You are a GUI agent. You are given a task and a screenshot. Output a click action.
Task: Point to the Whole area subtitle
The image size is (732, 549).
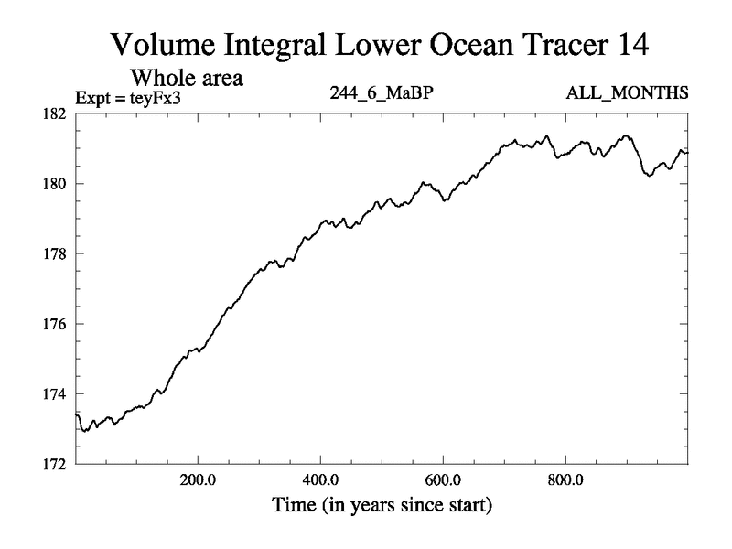188,78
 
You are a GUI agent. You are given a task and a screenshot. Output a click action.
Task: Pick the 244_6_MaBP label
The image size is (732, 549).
376,93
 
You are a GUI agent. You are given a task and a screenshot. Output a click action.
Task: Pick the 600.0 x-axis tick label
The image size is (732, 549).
443,479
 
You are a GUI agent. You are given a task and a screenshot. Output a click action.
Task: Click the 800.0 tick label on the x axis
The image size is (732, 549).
565,479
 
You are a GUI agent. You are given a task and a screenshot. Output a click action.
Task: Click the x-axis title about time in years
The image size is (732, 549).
381,504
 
